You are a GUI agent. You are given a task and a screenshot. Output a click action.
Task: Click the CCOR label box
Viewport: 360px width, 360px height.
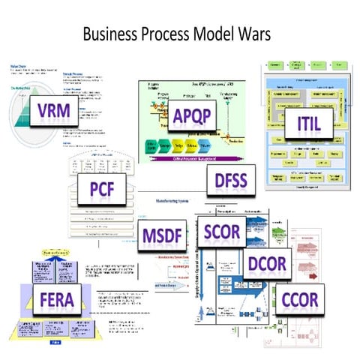tap(300, 300)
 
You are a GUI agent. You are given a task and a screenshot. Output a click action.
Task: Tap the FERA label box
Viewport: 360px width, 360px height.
tap(51, 301)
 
